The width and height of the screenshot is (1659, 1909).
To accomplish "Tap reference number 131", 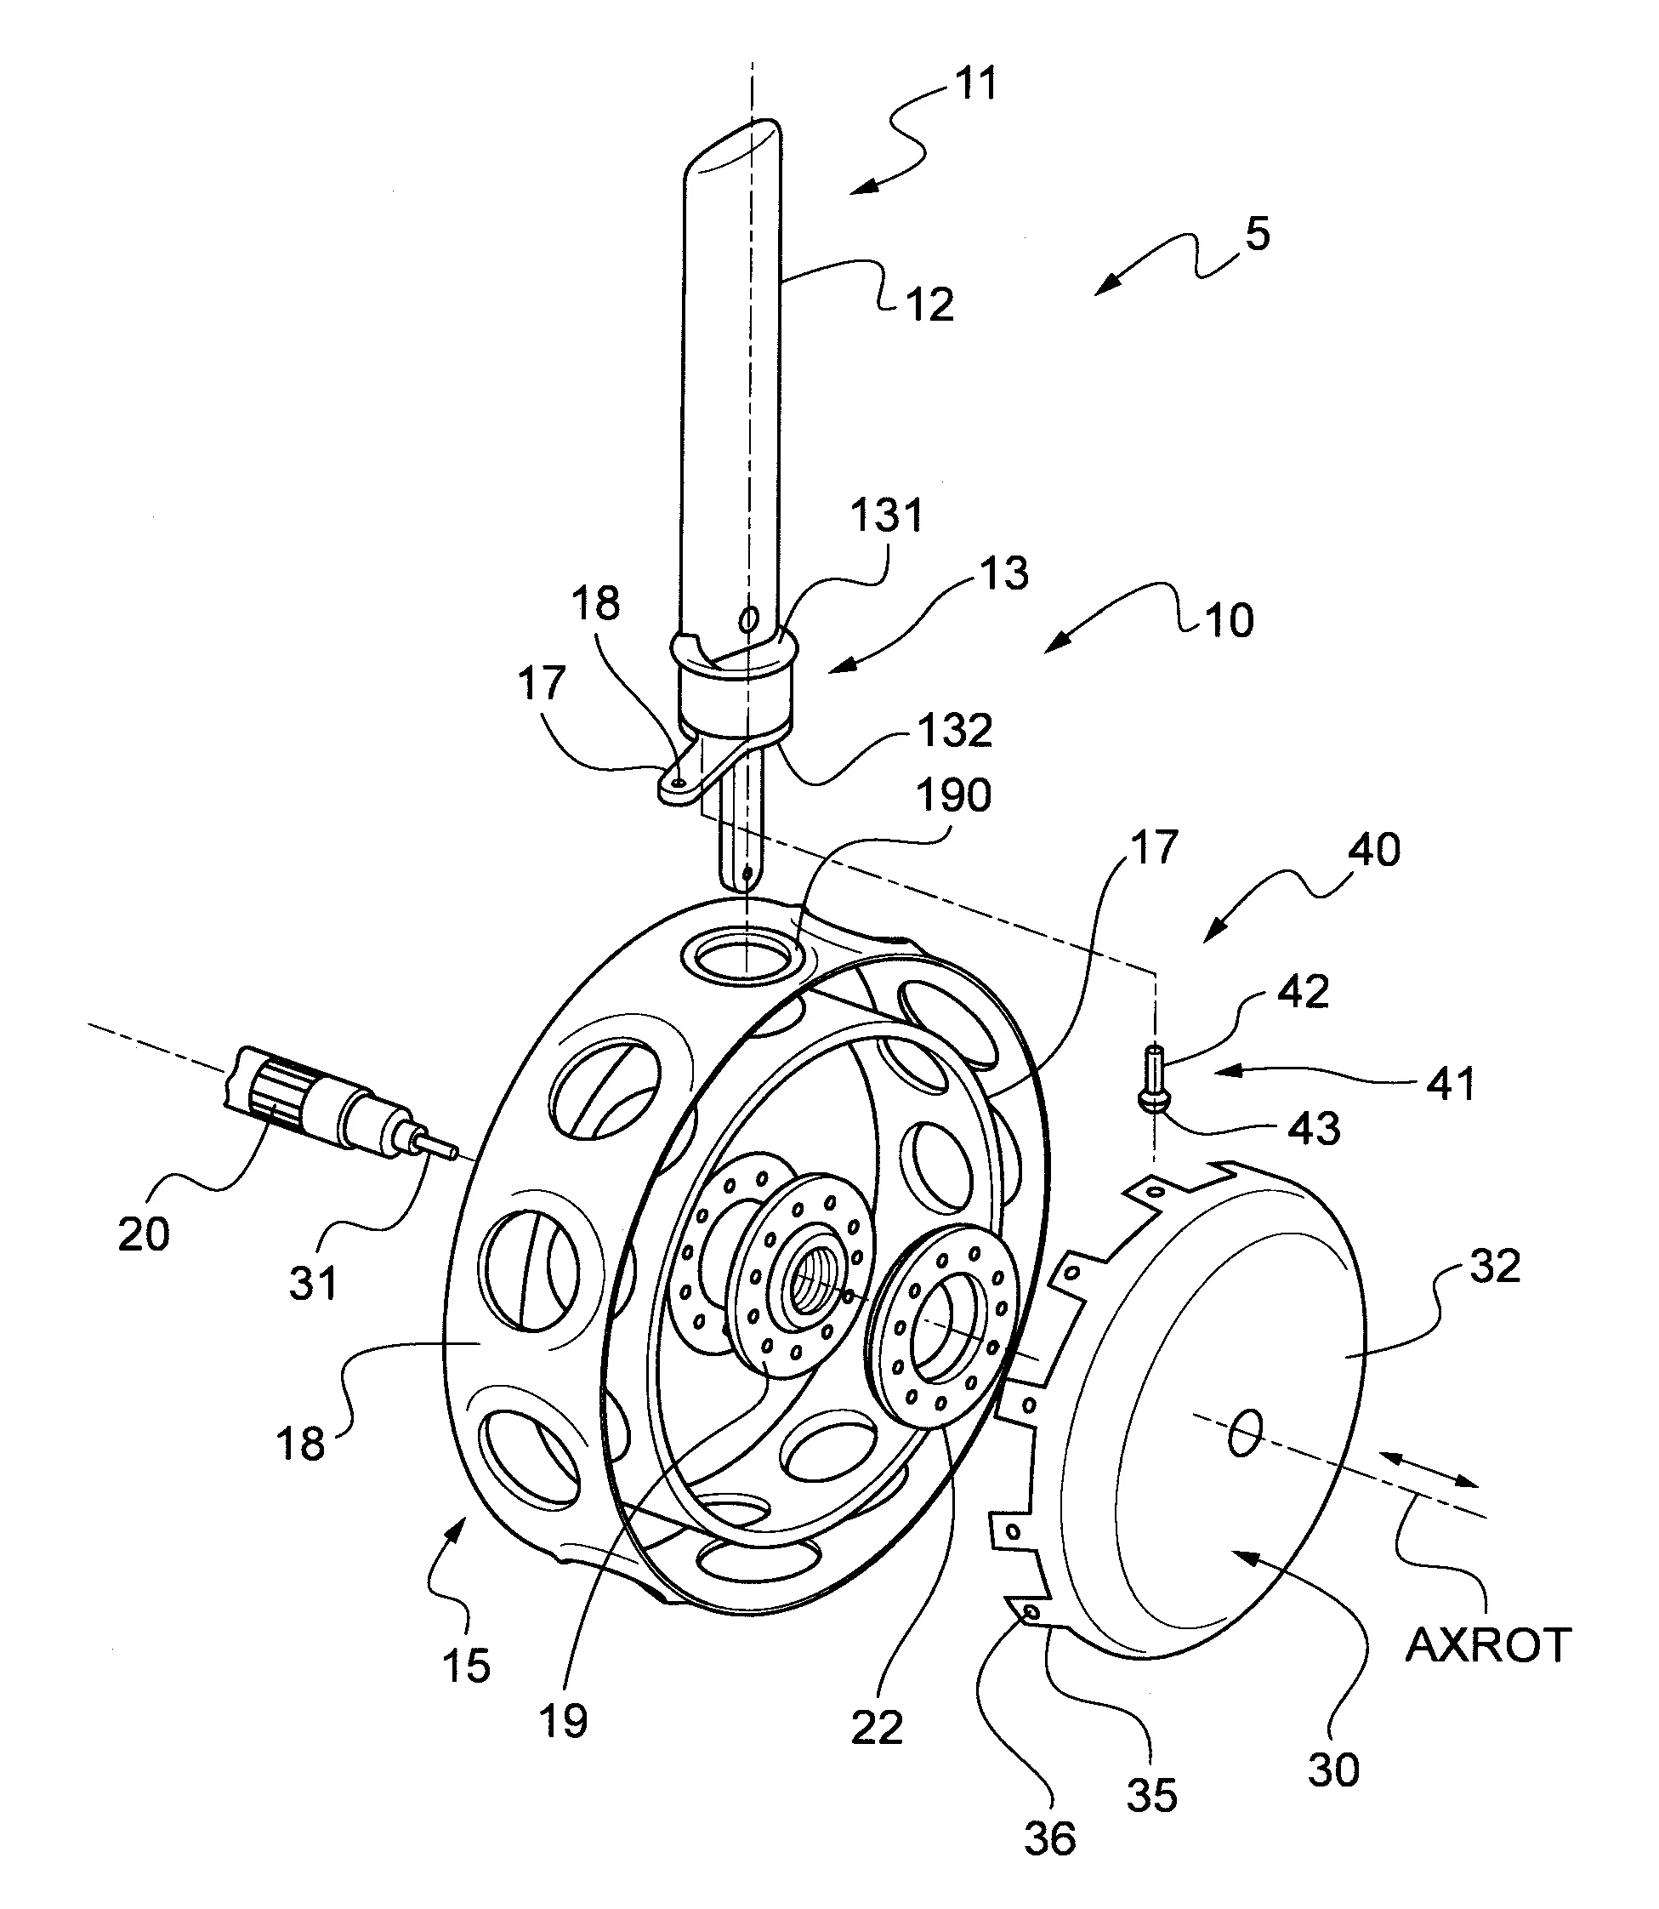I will point(887,515).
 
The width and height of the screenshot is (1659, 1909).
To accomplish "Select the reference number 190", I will point(953,795).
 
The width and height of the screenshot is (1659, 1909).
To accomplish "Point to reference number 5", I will point(1257,234).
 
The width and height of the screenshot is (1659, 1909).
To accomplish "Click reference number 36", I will point(1050,1838).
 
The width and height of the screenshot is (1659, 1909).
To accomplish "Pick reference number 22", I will point(877,1729).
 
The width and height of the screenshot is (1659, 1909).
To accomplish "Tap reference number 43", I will point(1314,1129).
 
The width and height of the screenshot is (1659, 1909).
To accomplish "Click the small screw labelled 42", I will point(1155,1074).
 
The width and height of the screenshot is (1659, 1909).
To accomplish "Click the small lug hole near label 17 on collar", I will point(680,783).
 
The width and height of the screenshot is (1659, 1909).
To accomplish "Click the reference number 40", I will point(1374,849).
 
